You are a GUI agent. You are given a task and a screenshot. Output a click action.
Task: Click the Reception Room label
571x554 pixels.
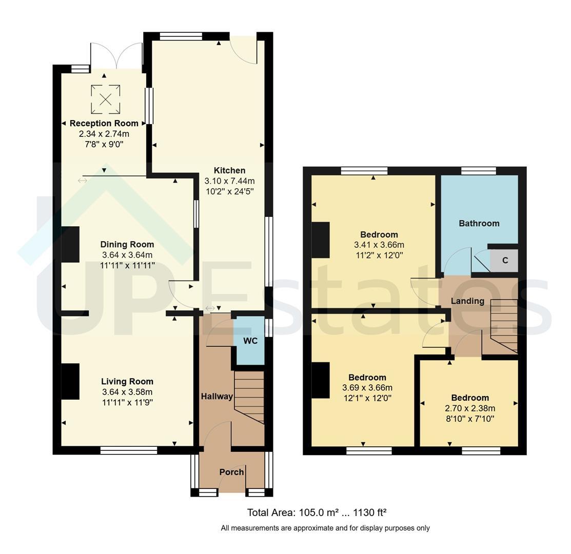(104, 124)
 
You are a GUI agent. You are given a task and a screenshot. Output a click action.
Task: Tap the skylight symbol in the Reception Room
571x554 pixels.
(106, 99)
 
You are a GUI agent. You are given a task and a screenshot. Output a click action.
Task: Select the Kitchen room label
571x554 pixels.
(229, 170)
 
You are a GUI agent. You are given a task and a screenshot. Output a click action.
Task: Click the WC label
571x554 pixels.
(250, 341)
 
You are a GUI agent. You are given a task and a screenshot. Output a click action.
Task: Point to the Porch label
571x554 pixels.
(231, 472)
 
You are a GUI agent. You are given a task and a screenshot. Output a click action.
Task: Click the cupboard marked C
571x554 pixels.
(504, 260)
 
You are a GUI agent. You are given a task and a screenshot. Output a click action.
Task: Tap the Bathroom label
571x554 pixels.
(479, 223)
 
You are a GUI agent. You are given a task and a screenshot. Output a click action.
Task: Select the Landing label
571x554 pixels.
(467, 301)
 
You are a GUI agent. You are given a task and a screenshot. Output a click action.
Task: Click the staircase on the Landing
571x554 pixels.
(504, 326)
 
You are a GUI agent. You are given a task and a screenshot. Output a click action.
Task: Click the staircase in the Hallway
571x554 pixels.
(249, 397)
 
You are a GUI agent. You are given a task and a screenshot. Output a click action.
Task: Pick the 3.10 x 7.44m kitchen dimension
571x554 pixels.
(229, 181)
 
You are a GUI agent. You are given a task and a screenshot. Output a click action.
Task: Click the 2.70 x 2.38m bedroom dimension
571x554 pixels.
(470, 408)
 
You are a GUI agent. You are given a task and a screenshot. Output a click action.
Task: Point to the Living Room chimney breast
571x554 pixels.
(70, 381)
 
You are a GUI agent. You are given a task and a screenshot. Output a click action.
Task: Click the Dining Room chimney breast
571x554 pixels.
(70, 244)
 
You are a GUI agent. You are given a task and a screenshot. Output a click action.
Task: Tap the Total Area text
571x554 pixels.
(317, 512)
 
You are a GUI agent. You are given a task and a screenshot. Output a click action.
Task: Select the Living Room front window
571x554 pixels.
(129, 450)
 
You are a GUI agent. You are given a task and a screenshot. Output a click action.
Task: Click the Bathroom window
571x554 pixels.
(479, 171)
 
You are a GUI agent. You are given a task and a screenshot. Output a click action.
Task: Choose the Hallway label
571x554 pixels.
(217, 397)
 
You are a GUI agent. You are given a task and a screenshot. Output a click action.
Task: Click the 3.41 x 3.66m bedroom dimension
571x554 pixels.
(379, 245)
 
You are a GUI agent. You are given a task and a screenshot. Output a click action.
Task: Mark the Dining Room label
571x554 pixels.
(127, 244)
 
